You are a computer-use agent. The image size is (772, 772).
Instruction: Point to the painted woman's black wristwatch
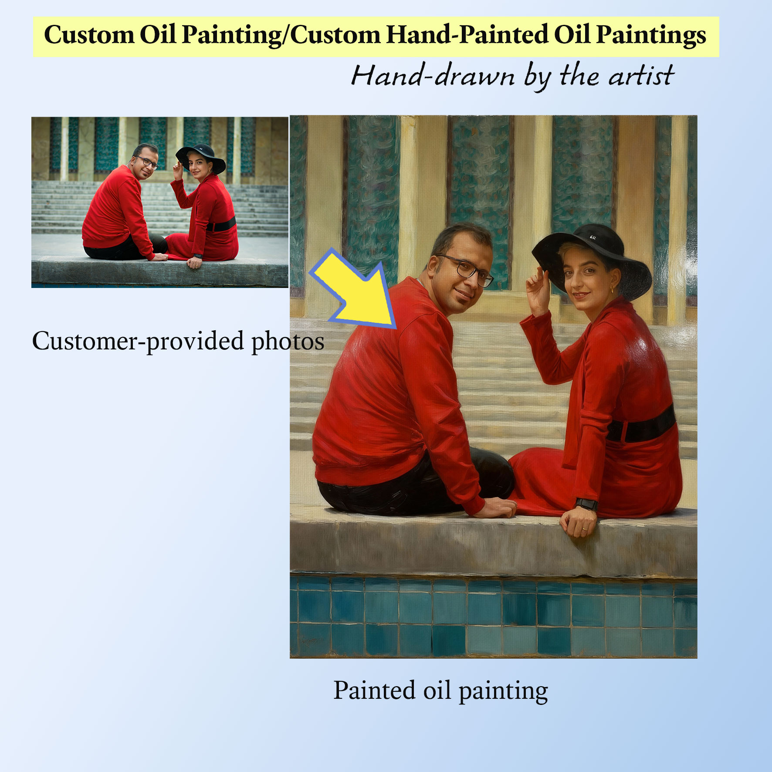(x=586, y=504)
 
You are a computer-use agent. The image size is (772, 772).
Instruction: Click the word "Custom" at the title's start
(x=89, y=35)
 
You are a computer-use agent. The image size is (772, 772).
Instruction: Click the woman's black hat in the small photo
(x=201, y=157)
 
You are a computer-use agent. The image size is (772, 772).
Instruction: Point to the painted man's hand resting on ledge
(x=499, y=508)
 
